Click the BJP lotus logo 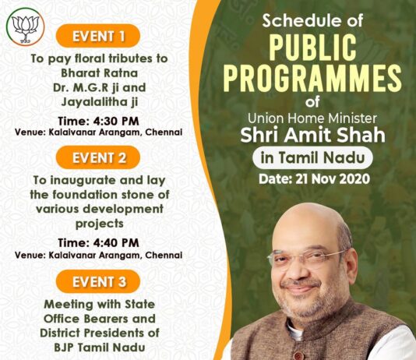click(25, 26)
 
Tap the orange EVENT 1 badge click(98, 36)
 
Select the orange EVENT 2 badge click(98, 157)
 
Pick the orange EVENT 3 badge click(98, 281)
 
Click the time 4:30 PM click(116, 121)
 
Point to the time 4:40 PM click(116, 243)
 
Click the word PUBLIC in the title click(312, 48)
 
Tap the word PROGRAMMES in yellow click(312, 79)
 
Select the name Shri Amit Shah click(312, 135)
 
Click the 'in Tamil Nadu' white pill click(312, 157)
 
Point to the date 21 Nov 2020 click(333, 179)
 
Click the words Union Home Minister click(312, 118)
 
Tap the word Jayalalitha click(93, 102)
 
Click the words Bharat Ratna click(99, 73)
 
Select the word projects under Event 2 click(100, 224)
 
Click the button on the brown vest click(299, 355)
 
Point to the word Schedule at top click(298, 21)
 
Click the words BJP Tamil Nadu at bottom click(100, 348)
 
